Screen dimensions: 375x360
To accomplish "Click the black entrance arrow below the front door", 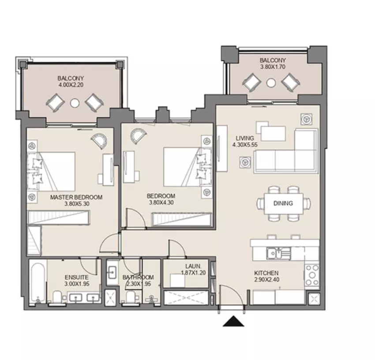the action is tap(233, 321).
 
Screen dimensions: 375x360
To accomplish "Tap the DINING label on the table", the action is tap(283, 203).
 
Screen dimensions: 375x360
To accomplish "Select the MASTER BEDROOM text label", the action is tap(76, 197).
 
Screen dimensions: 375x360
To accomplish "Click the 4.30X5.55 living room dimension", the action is tap(245, 144).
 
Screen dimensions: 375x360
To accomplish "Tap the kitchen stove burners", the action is tap(312, 275).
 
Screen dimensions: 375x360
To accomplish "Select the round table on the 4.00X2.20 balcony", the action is tap(75, 103).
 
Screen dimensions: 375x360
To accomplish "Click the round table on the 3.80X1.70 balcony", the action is tap(271, 83).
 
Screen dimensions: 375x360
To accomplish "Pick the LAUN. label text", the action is tap(193, 266).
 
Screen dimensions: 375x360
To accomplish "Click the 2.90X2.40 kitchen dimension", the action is tap(266, 279).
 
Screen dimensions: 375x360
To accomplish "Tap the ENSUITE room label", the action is tap(76, 277).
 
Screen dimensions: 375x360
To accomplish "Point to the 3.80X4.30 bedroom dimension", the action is tap(161, 202).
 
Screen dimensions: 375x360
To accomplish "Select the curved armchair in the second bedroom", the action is tap(138, 135).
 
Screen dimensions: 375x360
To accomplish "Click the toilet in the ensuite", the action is tap(57, 297).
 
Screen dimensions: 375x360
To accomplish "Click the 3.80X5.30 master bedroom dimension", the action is tap(77, 204).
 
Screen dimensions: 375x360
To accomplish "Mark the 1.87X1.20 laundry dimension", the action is tap(193, 273).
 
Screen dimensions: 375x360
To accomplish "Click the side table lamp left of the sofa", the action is tap(245, 162).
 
